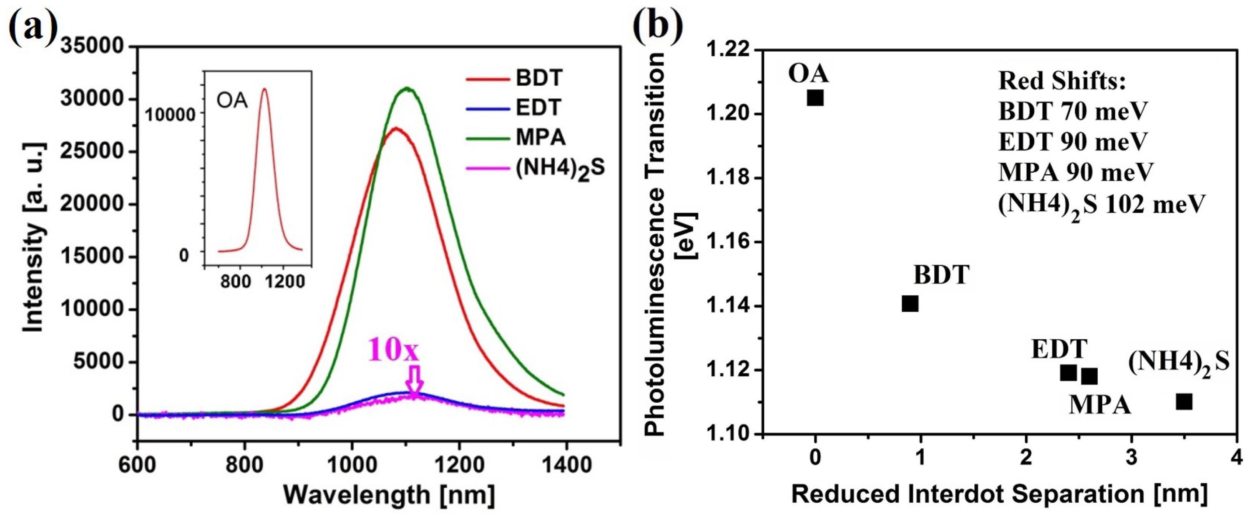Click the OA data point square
point(815,98)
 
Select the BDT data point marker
point(910,304)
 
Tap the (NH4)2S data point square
point(1184,402)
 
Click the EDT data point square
point(1068,373)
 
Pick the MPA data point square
point(1089,376)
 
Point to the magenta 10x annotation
point(393,350)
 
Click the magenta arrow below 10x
point(414,381)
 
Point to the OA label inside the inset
point(232,101)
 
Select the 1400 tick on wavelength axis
point(564,465)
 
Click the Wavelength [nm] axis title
point(389,495)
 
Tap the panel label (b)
point(658,25)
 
